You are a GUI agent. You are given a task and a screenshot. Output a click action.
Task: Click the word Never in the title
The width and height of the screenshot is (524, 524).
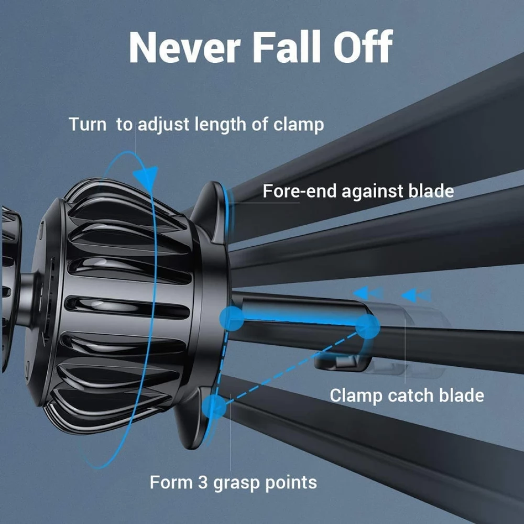pyautogui.click(x=184, y=47)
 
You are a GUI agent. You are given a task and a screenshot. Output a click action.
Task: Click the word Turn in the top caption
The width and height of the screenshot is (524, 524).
pyautogui.click(x=88, y=124)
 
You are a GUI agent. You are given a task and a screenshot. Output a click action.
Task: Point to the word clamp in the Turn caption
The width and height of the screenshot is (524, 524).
pyautogui.click(x=299, y=124)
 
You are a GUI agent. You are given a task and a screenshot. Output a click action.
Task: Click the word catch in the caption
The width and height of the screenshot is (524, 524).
pyautogui.click(x=411, y=395)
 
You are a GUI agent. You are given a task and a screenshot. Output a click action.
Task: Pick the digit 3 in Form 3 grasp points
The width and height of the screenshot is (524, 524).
pyautogui.click(x=203, y=483)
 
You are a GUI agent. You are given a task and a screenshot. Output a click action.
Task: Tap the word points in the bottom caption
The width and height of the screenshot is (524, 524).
pyautogui.click(x=291, y=484)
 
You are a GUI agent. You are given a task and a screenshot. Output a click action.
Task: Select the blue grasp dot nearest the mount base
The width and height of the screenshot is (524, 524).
pyautogui.click(x=232, y=319)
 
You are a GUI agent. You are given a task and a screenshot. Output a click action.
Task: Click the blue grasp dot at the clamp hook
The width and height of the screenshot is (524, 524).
pyautogui.click(x=367, y=326)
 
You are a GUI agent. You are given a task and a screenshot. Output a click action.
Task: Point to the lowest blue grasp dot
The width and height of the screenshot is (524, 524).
pyautogui.click(x=214, y=406)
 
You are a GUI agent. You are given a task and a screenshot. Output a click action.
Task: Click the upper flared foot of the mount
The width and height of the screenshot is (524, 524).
pyautogui.click(x=211, y=211)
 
